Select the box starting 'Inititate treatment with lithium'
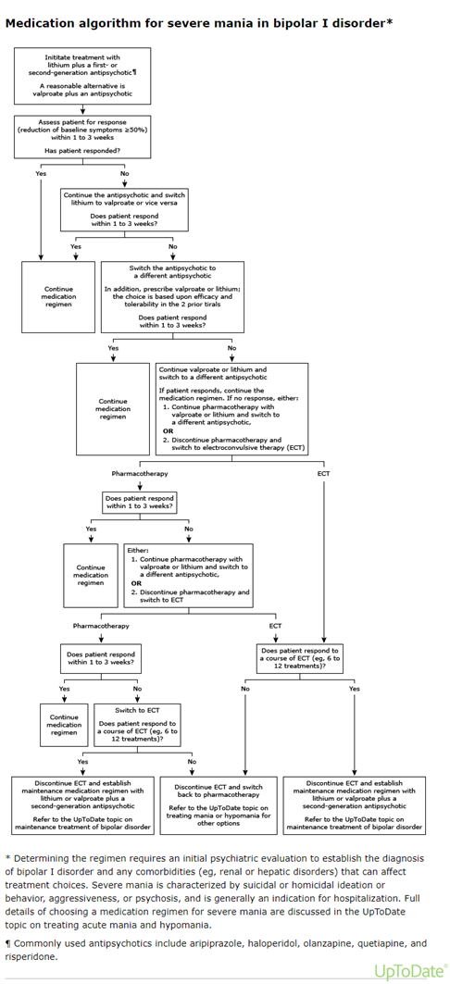pyautogui.click(x=82, y=76)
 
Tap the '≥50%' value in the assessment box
pyautogui.click(x=131, y=130)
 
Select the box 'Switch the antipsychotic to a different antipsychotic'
pyautogui.click(x=172, y=297)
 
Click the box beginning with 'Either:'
pyautogui.click(x=188, y=576)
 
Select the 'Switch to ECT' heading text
pyautogui.click(x=136, y=710)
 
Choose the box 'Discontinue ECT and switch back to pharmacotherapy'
pyautogui.click(x=218, y=805)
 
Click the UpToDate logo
pyautogui.click(x=411, y=971)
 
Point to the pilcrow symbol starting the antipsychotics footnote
pyautogui.click(x=7, y=944)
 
